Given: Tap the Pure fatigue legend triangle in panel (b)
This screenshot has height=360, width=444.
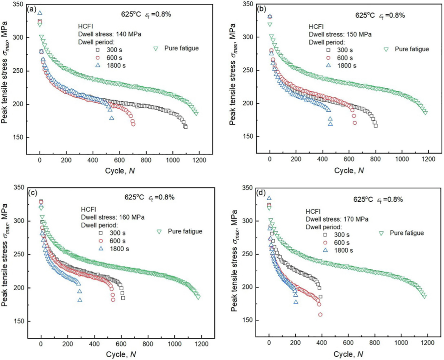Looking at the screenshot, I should pos(386,49).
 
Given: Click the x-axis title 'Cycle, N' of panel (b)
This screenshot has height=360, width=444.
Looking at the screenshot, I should pos(349,170).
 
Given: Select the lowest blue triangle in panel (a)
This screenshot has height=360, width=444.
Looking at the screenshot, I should pos(111,118).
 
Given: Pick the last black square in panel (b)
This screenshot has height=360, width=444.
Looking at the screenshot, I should pos(375,126).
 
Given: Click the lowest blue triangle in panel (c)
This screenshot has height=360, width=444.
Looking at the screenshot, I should pos(80,300).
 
